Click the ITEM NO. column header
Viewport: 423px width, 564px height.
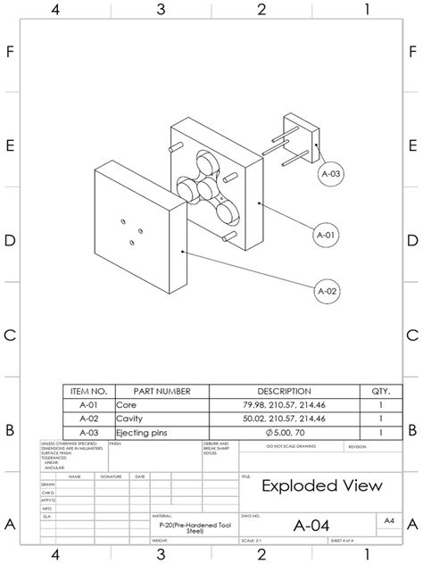click(x=88, y=391)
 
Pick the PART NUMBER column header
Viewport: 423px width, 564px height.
click(x=162, y=391)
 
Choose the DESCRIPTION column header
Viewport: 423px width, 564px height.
click(x=284, y=391)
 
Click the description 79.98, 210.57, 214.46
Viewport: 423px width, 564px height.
click(x=284, y=404)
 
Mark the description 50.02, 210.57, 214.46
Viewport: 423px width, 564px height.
click(x=284, y=419)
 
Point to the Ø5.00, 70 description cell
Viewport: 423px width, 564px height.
click(x=284, y=433)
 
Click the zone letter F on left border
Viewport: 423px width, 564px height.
click(x=10, y=51)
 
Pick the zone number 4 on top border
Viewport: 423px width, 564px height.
click(x=55, y=10)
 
